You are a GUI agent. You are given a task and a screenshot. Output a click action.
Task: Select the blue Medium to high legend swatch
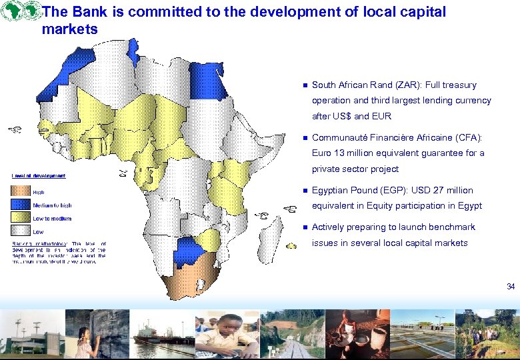(20, 205)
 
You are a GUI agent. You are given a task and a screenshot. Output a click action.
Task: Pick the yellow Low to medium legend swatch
(20, 218)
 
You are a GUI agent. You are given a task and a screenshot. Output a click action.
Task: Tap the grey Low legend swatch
(20, 231)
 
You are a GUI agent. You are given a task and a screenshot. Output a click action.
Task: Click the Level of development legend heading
(38, 175)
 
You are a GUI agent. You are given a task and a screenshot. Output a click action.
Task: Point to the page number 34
(511, 287)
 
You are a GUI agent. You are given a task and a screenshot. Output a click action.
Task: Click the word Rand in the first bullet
(371, 85)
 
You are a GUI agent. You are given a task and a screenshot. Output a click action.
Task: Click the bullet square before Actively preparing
(303, 227)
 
